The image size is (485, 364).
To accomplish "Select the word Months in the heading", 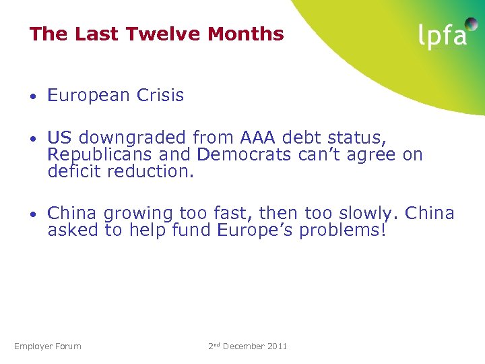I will pos(249,34).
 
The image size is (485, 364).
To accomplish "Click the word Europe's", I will pos(255,231).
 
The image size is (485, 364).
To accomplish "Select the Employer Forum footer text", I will pos(48,346).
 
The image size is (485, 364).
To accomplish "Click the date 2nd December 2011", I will pos(247,346).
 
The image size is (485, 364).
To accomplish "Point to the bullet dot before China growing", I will pos(34,215).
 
